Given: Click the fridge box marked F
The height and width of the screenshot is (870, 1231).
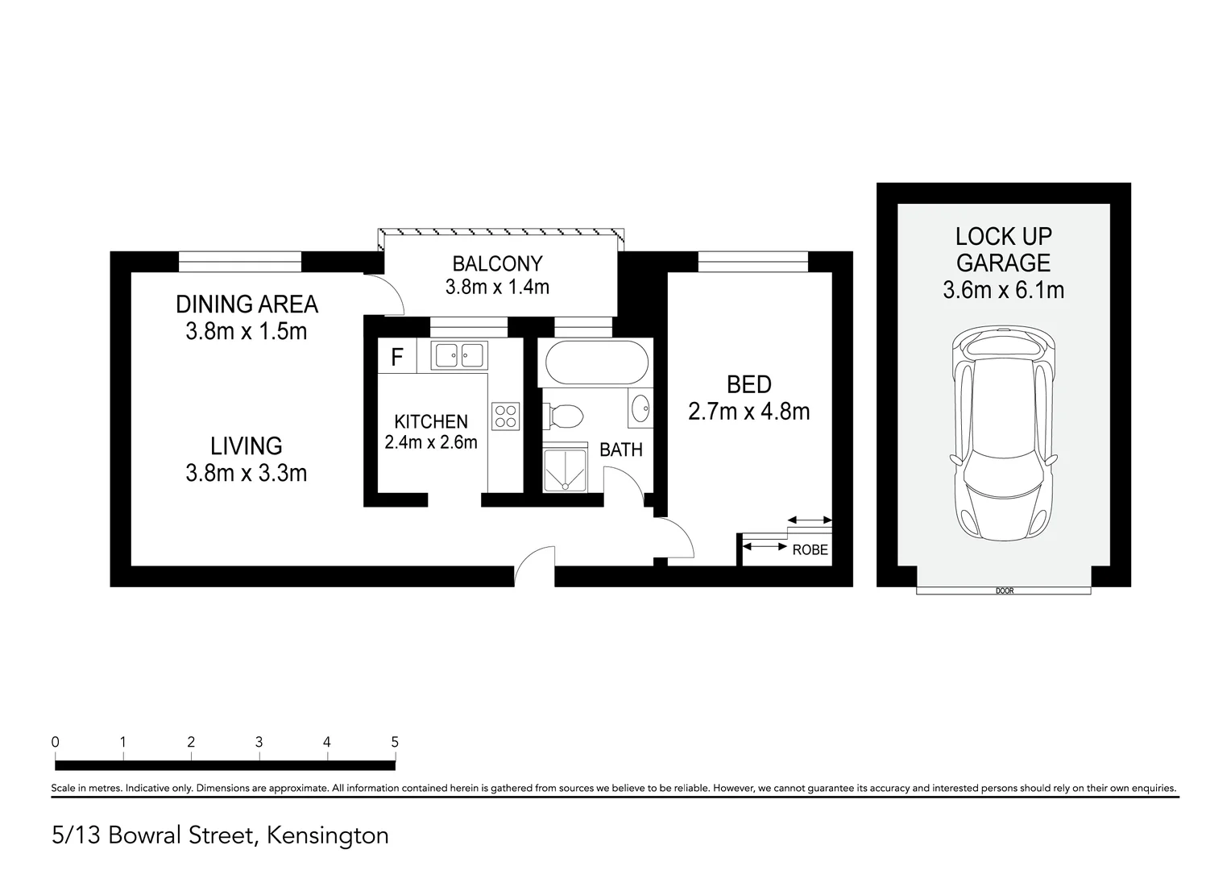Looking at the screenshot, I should point(397,357).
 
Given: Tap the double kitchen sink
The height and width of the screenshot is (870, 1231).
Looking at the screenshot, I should point(458,354).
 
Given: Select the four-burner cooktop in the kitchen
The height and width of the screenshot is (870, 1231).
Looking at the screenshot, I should point(506,416).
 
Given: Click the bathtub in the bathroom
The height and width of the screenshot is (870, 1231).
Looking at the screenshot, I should point(597,362).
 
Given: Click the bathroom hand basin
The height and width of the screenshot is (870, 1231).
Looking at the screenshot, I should point(640,408).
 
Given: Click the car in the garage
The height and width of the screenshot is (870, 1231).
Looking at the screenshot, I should point(1003,435).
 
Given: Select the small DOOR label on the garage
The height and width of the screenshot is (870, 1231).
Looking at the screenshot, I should point(1004,591).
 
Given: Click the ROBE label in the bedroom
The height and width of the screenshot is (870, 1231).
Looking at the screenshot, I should point(810,551).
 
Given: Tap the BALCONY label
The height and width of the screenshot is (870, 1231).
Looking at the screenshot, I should point(497,263).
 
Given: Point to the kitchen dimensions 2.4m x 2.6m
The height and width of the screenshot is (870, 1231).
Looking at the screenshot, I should point(431,442).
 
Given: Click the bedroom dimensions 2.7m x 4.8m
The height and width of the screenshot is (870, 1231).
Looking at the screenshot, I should point(748,412).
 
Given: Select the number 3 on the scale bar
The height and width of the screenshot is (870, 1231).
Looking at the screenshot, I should point(259,742).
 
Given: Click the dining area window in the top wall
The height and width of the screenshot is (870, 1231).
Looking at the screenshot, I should point(239,261).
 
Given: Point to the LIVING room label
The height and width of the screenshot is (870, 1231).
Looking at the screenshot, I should point(247,445).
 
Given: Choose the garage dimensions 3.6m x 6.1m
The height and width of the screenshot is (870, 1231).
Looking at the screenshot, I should point(1003,290).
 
